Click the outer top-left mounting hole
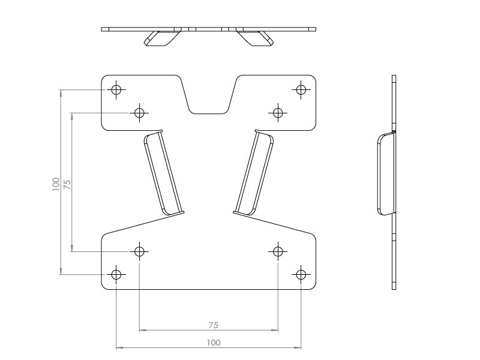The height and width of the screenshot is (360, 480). [116, 89]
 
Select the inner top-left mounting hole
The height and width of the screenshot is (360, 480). [139, 112]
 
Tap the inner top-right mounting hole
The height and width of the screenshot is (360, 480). [277, 112]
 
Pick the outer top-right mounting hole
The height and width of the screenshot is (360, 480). [301, 89]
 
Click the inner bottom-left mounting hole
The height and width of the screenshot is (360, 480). [139, 251]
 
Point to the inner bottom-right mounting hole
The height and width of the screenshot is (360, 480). [277, 251]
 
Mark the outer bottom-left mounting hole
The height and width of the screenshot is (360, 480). [116, 274]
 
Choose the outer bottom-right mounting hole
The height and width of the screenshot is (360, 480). [301, 274]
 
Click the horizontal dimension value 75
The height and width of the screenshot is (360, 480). [213, 325]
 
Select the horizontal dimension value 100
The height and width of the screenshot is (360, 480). [213, 343]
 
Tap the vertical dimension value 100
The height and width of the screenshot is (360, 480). [56, 184]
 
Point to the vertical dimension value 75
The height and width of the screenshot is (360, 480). [67, 184]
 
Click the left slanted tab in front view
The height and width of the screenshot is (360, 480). [163, 173]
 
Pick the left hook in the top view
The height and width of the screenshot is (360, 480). [161, 38]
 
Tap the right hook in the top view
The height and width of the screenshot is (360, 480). [256, 38]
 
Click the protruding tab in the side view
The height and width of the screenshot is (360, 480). [386, 173]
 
